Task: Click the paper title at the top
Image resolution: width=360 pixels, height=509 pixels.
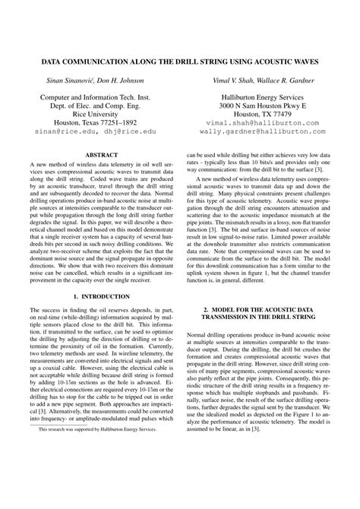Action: pyautogui.click(x=180, y=58)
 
